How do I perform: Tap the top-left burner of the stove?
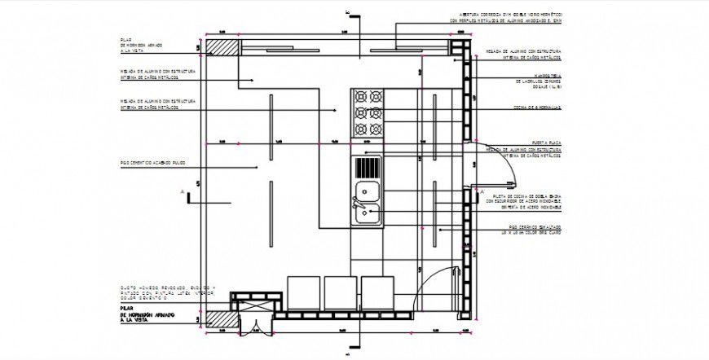click(359, 96)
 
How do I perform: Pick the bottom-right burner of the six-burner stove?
click(376, 130)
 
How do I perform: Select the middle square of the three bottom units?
click(341, 293)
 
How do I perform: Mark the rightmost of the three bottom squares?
click(377, 293)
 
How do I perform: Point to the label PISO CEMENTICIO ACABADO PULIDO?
click(153, 163)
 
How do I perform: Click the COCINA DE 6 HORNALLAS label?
click(536, 108)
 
